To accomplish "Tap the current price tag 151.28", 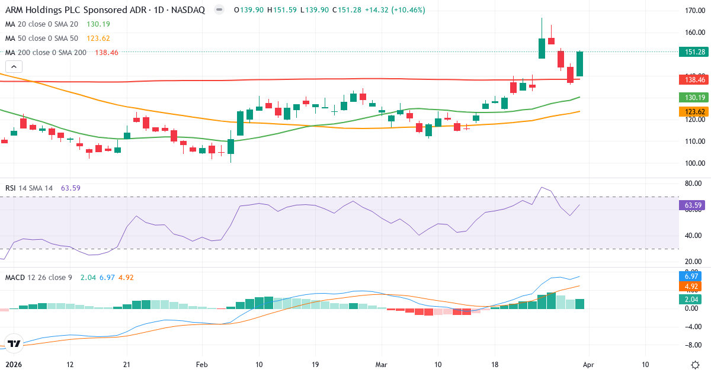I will [694, 52].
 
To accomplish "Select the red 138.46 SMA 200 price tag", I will [694, 79].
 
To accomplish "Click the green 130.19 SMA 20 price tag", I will [694, 97].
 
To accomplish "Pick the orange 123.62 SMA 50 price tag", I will [694, 111].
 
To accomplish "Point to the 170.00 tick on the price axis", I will [694, 11].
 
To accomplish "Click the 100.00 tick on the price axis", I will [694, 163].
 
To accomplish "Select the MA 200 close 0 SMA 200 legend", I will [46, 53].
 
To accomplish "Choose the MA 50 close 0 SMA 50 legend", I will [41, 38].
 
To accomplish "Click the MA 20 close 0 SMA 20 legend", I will [41, 24].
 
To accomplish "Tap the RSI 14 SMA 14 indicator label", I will [29, 188].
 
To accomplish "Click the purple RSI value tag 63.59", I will [694, 205].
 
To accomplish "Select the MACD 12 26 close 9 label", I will [39, 277].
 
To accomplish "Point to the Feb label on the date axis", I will [202, 365].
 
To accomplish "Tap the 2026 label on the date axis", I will [12, 365].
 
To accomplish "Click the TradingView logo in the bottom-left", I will [15, 343].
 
